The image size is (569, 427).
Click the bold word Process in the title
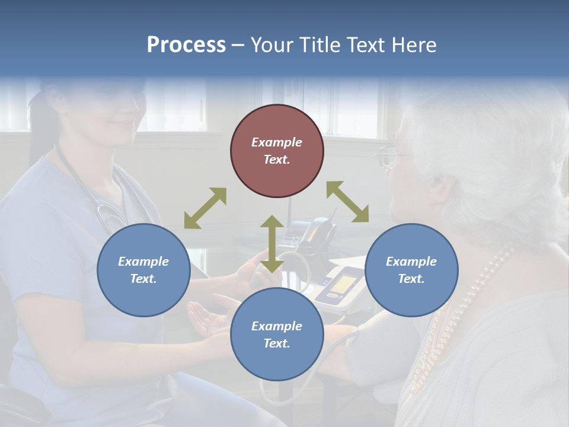coord(186,45)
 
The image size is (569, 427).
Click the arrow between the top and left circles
coord(205,208)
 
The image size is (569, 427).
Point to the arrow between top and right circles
coord(347,202)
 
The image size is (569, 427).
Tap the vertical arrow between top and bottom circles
coord(271,244)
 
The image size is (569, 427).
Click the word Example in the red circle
coord(277,142)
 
